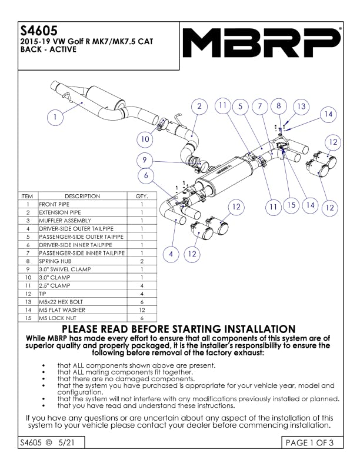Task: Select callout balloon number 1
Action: coord(55,116)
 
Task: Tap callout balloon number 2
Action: coord(199,106)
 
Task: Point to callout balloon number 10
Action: coord(145,139)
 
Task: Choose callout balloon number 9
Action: coord(145,160)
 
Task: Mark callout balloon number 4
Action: coord(171,254)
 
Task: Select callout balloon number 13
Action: coord(301,106)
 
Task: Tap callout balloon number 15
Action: coord(291,205)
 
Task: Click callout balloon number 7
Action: coord(259,106)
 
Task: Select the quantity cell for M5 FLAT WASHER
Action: coord(142,309)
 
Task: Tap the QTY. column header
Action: coord(142,196)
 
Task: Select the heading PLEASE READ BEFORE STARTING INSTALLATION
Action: coord(179,329)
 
